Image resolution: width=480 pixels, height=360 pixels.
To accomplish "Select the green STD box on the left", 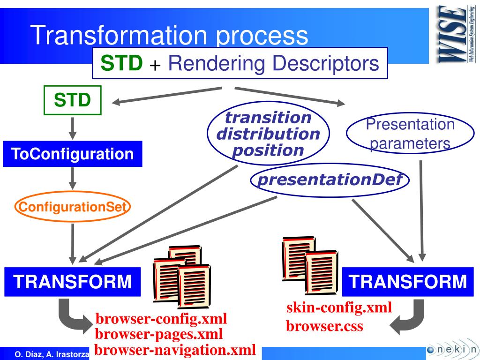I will [x=72, y=100].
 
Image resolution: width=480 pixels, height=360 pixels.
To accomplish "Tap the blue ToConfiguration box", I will [x=72, y=154].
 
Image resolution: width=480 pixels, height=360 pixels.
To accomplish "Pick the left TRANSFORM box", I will [x=72, y=282].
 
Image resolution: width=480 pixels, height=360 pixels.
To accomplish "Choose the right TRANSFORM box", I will [x=408, y=282].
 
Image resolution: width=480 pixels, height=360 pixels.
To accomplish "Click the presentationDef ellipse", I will [x=330, y=180].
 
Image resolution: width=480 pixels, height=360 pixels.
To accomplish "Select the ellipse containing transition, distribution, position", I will [x=268, y=134].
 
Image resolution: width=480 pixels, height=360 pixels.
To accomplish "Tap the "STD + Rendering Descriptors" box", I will [x=240, y=63].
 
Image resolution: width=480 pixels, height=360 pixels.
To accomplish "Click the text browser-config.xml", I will [x=161, y=320].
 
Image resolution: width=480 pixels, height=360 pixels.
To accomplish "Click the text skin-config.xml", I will [x=339, y=308].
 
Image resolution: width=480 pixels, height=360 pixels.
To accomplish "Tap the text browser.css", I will [x=324, y=326].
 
